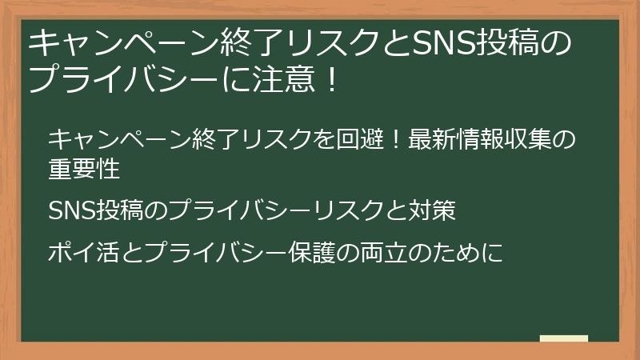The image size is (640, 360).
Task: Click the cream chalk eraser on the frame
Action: click(563, 338)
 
